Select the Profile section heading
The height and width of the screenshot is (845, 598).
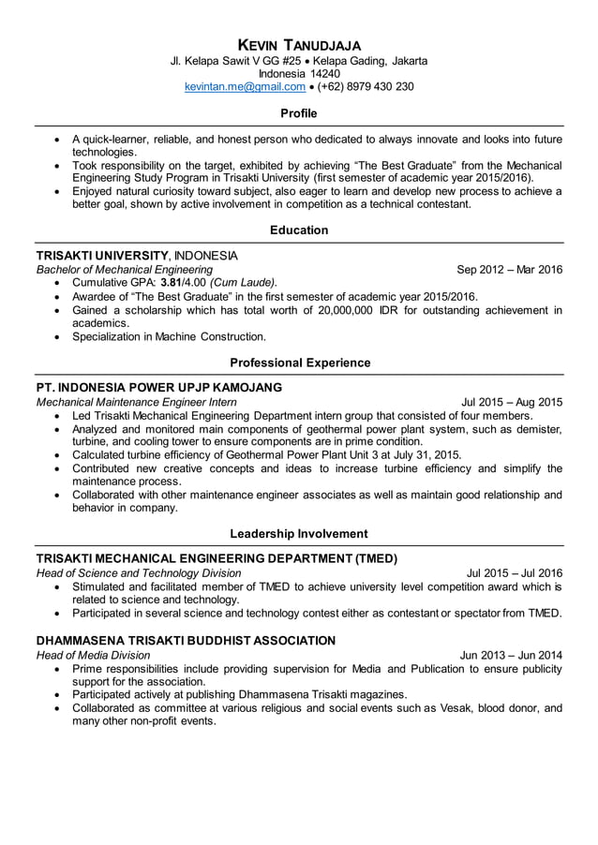click(299, 113)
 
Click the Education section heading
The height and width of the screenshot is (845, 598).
click(299, 230)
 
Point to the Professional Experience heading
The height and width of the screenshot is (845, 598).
click(299, 363)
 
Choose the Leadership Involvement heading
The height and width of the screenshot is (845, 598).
click(299, 534)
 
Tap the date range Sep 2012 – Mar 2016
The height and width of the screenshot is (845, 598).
click(509, 270)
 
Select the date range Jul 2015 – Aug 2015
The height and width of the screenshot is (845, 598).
click(512, 403)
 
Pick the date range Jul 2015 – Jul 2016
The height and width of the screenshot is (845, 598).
click(514, 573)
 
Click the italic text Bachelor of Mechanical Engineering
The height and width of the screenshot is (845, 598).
click(124, 270)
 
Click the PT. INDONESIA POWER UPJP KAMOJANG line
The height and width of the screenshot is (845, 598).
click(158, 388)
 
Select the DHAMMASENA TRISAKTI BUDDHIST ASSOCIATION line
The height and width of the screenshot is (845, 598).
click(185, 641)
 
